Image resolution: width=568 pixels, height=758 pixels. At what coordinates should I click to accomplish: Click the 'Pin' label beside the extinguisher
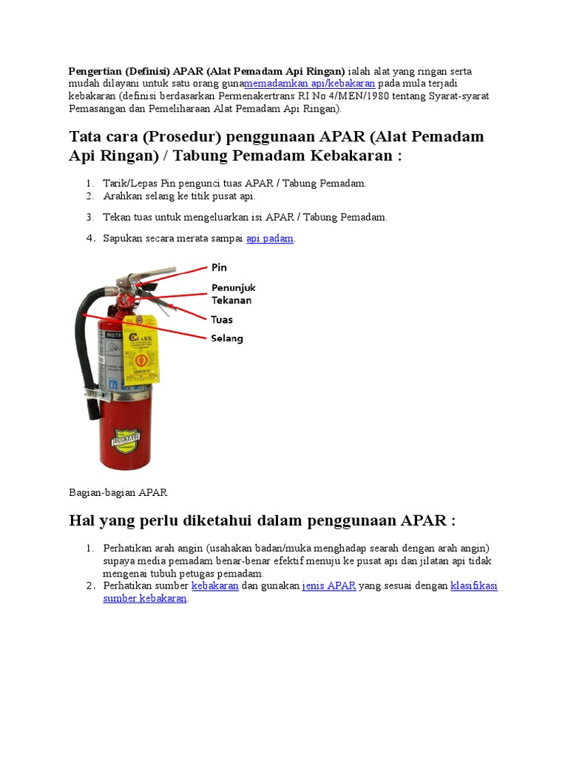[219, 267]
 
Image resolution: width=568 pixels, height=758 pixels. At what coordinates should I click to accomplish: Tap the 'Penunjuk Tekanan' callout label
[234, 294]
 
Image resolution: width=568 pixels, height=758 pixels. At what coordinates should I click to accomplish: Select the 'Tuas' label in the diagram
[222, 320]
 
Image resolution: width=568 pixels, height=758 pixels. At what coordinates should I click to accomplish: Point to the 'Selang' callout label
[227, 338]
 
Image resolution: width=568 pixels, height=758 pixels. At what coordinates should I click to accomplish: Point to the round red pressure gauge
[124, 301]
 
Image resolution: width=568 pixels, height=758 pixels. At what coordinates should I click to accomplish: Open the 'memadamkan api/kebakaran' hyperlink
[309, 84]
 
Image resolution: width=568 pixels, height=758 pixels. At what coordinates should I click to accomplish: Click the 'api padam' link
[270, 238]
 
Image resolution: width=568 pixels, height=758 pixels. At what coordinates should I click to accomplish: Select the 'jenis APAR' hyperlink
[329, 586]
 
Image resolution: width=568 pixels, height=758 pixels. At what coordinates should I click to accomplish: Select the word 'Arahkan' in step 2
[121, 196]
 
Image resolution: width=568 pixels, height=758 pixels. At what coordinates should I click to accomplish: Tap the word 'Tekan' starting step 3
[116, 217]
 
